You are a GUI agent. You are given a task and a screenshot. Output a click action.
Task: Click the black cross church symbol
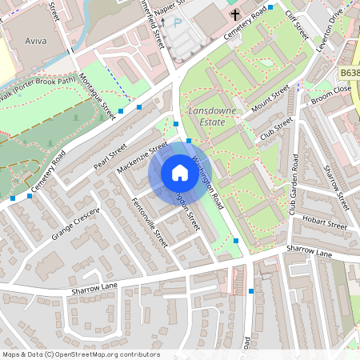236,14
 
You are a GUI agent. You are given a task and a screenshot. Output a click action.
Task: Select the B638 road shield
348,73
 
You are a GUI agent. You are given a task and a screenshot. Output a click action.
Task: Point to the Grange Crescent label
75,225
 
